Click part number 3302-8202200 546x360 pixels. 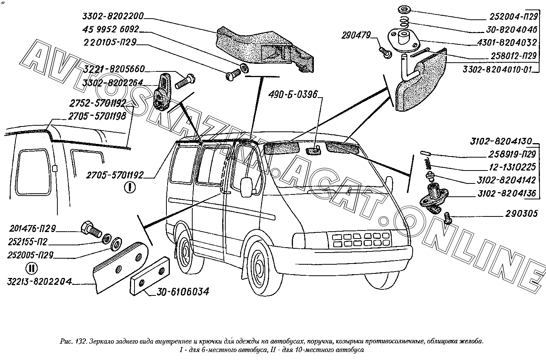coord(112,16)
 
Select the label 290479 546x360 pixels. coord(356,35)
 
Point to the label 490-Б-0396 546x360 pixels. coord(293,94)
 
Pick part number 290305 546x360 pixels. coord(521,213)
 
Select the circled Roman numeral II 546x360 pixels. coord(31,268)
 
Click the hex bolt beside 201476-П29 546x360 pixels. coord(90,229)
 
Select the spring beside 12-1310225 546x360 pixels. coord(429,165)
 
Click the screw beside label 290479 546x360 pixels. coord(386,53)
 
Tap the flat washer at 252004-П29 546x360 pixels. coord(402,9)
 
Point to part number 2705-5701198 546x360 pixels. coord(97,116)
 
